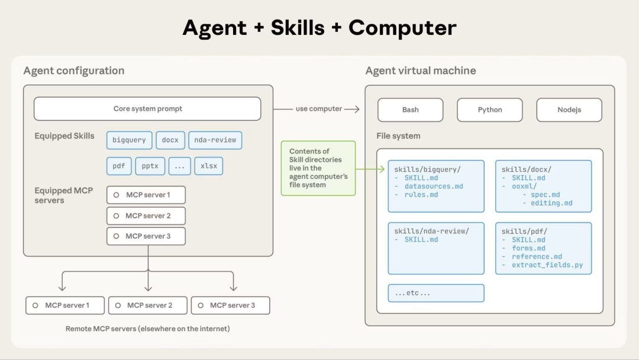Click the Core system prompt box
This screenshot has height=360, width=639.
tap(147, 109)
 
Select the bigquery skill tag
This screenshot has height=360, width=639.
tap(129, 140)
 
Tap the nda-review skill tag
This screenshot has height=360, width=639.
tap(215, 140)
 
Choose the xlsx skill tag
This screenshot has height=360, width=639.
tap(209, 166)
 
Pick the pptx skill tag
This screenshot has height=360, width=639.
tap(150, 166)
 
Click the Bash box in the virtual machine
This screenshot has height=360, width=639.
tap(410, 110)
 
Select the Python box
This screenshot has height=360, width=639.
tap(489, 110)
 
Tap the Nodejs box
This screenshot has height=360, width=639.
tap(569, 110)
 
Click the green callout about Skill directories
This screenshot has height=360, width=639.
tap(318, 168)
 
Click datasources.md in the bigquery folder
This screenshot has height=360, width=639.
tap(434, 187)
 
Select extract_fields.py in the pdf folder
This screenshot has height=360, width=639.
tap(547, 265)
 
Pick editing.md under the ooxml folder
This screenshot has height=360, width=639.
tap(551, 203)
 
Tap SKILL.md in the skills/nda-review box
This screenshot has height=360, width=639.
tap(421, 240)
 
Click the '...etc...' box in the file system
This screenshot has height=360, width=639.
tap(436, 293)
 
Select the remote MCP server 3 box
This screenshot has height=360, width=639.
tap(230, 306)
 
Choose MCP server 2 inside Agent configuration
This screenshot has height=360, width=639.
tap(146, 216)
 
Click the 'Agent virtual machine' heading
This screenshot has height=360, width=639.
tap(420, 71)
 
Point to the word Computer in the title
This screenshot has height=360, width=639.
tap(402, 28)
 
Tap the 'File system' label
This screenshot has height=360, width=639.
tap(398, 136)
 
